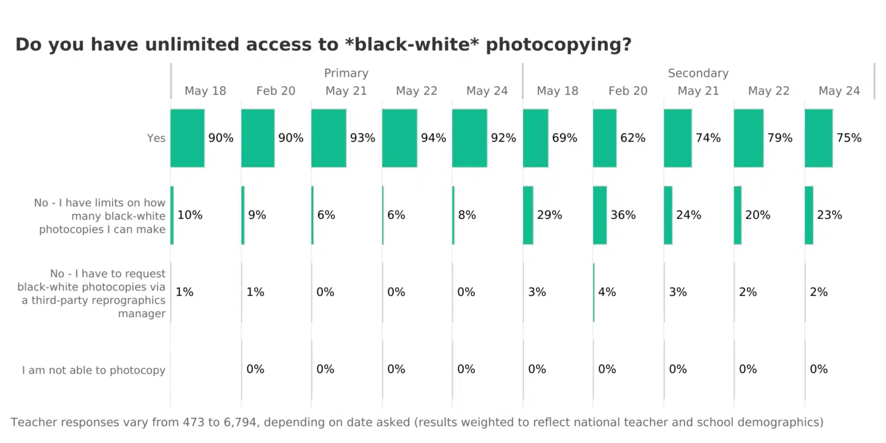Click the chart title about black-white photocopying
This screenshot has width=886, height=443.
323,45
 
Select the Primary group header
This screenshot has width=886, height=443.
346,73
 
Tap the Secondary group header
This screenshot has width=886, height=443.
698,73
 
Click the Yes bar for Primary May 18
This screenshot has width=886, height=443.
188,138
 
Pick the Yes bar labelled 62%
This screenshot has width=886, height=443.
605,138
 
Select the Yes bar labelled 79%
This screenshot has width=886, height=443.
749,138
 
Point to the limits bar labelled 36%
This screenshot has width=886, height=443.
600,215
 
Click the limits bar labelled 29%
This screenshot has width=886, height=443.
529,215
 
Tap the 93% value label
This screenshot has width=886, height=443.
362,138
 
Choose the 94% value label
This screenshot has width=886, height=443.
433,138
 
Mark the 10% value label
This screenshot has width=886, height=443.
190,215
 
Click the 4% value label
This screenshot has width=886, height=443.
607,292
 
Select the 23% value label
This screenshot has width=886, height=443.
829,215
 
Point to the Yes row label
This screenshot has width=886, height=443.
156,138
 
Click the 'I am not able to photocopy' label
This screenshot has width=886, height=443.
94,370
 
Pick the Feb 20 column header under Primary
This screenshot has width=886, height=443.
276,91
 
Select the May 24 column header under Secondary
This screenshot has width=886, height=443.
839,91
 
